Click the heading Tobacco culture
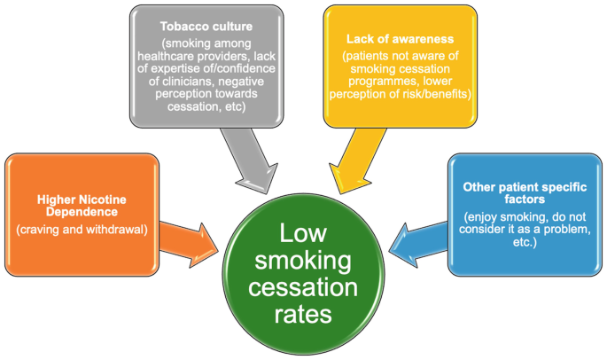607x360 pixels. (x=206, y=26)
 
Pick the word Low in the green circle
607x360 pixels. (x=306, y=233)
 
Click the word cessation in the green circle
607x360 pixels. (x=306, y=287)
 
